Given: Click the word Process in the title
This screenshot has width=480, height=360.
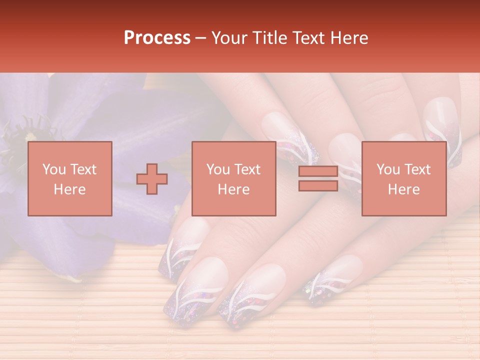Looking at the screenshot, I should tap(157, 38).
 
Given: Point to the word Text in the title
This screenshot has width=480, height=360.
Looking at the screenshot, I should tap(309, 38).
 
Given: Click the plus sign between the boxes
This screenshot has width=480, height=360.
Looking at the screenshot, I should tap(152, 179).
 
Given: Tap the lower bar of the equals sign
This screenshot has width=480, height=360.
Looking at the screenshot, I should tap(318, 185).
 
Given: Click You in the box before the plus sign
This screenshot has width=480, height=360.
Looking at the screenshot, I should tap(53, 169).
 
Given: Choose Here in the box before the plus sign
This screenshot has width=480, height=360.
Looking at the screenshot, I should tap(69, 189).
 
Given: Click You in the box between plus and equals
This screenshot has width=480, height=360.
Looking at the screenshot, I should tap(217, 169).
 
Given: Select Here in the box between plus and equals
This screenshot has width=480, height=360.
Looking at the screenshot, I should tap(234, 189).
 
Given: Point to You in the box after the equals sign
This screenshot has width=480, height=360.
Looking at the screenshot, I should tap(387, 169).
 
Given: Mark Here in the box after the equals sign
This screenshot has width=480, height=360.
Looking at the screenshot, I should tap(404, 189).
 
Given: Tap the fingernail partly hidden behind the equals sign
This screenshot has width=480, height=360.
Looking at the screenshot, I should tap(345, 160).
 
